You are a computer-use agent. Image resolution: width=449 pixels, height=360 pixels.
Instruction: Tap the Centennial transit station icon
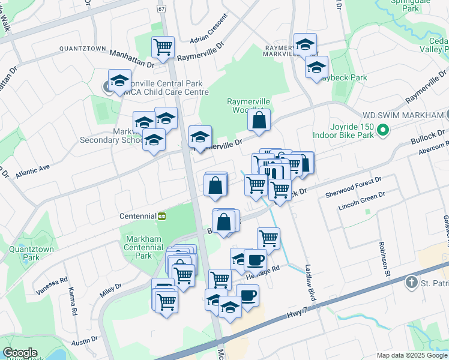coord(161,216)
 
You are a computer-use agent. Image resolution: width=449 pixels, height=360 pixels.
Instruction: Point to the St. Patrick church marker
coord(411,282)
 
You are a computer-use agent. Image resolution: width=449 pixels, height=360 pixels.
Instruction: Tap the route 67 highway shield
coord(161,9)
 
